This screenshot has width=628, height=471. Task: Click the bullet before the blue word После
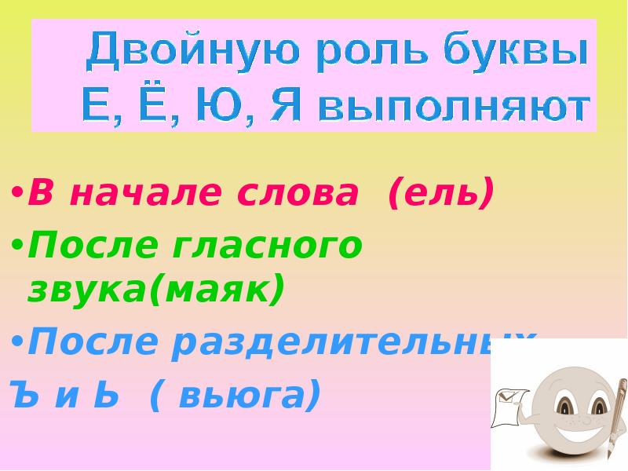tap(17, 343)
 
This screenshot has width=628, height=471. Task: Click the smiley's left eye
tap(564, 403)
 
